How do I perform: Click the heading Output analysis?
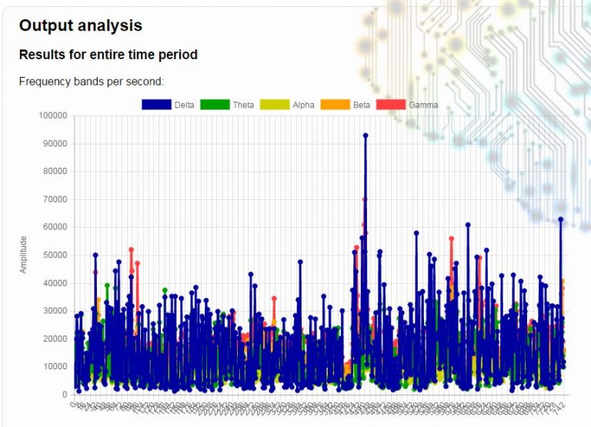click(x=80, y=25)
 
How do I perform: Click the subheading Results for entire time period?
click(x=108, y=55)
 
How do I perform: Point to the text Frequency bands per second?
click(x=92, y=82)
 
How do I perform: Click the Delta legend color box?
click(x=156, y=105)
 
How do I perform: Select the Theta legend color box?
click(x=214, y=105)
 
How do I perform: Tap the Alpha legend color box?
click(x=274, y=105)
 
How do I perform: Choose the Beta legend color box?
click(x=335, y=105)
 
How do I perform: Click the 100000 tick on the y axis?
click(x=52, y=115)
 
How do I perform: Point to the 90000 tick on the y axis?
click(x=55, y=144)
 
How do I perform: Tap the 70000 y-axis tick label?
click(x=55, y=199)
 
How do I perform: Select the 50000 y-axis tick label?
click(x=55, y=255)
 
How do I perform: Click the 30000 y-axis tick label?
click(x=55, y=311)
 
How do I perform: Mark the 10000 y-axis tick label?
click(x=55, y=367)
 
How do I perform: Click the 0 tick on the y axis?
click(x=65, y=395)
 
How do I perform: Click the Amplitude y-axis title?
click(x=23, y=255)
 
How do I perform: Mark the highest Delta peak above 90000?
click(x=366, y=135)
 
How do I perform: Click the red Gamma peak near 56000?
click(x=452, y=239)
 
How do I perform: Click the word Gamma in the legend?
click(x=423, y=105)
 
